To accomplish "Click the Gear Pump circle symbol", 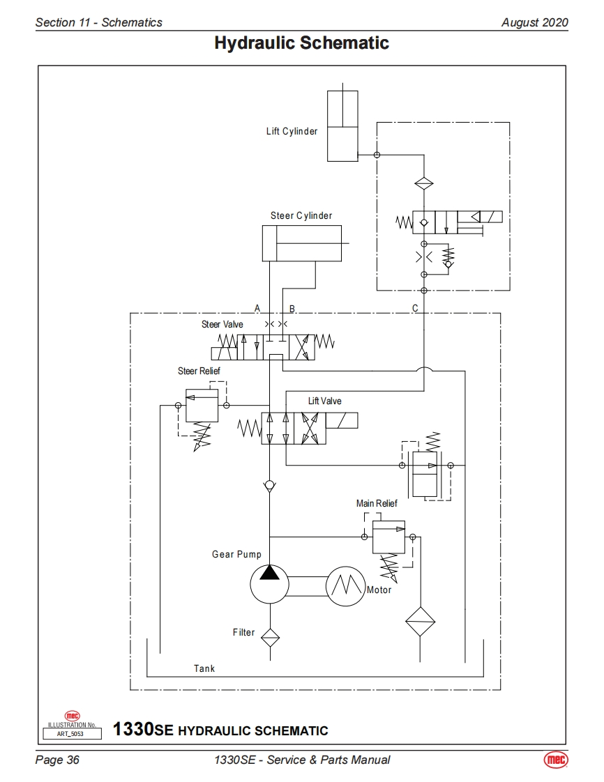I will [269, 583].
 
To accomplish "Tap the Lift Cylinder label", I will [292, 131].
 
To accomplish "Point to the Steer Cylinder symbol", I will [301, 243].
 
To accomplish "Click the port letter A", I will [257, 308].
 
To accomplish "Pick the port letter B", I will [292, 308].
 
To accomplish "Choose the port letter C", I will [416, 308].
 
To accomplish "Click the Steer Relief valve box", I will [202, 405].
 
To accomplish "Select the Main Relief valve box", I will [388, 537].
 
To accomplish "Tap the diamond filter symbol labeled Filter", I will [269, 634].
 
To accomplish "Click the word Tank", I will [204, 668].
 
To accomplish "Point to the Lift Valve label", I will [325, 401].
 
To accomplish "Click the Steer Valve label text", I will [222, 324].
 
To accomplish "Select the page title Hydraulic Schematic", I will [301, 43].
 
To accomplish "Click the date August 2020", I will [534, 22].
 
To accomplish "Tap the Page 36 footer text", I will [57, 760].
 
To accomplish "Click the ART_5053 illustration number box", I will [72, 733].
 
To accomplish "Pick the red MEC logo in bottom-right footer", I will [556, 760].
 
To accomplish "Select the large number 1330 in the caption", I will [133, 730].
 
